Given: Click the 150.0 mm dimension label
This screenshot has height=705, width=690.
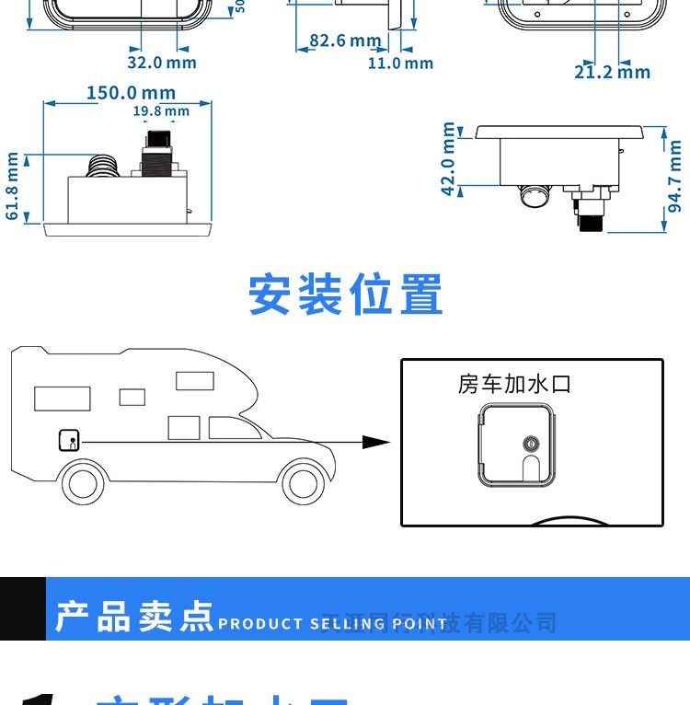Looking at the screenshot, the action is (x=131, y=93).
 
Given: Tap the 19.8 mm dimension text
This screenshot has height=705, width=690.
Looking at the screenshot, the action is (x=161, y=111).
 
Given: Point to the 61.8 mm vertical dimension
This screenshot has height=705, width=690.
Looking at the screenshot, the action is (x=13, y=186).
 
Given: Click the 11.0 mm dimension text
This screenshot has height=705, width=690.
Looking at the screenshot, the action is (x=400, y=64).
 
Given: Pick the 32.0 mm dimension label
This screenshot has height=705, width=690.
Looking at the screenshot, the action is (x=162, y=63).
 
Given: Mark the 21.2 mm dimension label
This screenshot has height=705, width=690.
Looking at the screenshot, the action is (x=612, y=72).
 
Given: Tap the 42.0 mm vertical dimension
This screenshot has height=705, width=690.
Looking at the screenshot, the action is (x=448, y=159).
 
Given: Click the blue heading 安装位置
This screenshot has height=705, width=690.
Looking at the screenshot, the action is (x=346, y=295).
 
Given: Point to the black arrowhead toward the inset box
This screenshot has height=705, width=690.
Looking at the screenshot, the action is (x=375, y=442).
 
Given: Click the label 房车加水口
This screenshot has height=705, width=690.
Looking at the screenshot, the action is (x=514, y=384).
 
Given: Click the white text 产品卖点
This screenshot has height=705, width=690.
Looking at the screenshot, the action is (x=133, y=617).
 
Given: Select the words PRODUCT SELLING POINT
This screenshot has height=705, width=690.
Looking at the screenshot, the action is (x=332, y=624).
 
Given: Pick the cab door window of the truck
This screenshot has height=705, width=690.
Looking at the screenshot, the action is (x=225, y=428).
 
